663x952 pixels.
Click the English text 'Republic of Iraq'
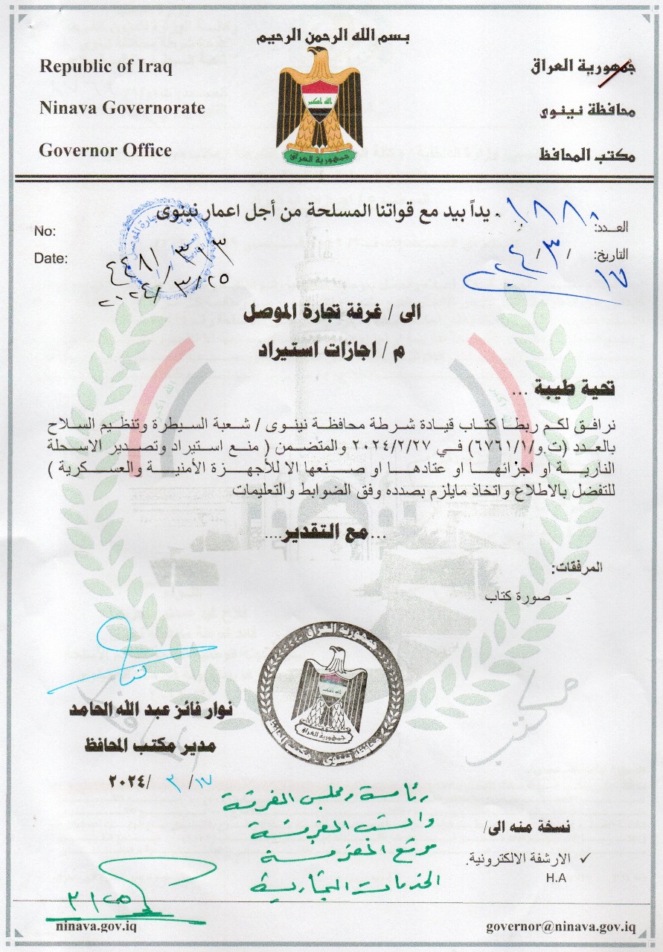pos(106,66)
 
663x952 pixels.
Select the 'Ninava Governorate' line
pos(122,108)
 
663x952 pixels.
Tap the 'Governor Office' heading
pos(105,150)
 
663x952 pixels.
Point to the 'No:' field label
pos(45,232)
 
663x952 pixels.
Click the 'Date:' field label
pos(51,259)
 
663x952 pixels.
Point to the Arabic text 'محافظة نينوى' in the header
pos(586,112)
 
